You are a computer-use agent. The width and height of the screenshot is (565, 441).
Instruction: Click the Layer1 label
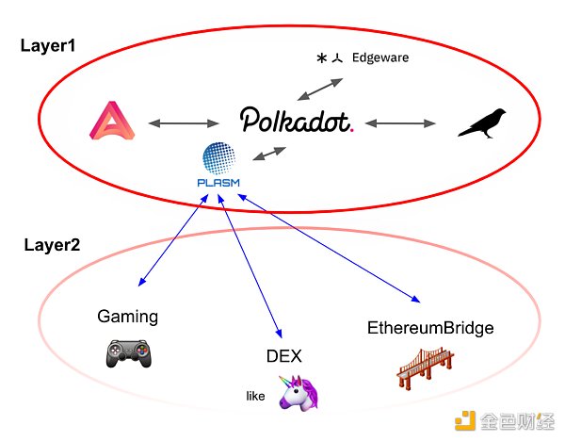click(x=48, y=44)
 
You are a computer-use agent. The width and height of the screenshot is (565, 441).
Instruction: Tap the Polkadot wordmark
click(x=296, y=120)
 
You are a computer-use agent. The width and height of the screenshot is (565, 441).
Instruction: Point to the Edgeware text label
click(x=381, y=57)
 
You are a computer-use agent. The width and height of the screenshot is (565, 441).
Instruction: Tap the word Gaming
click(x=128, y=315)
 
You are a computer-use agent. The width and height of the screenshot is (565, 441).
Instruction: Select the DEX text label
click(x=285, y=355)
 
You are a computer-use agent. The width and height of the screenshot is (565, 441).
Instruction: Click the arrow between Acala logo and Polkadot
click(x=184, y=123)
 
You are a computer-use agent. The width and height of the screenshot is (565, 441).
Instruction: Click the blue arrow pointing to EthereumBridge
click(x=330, y=247)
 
